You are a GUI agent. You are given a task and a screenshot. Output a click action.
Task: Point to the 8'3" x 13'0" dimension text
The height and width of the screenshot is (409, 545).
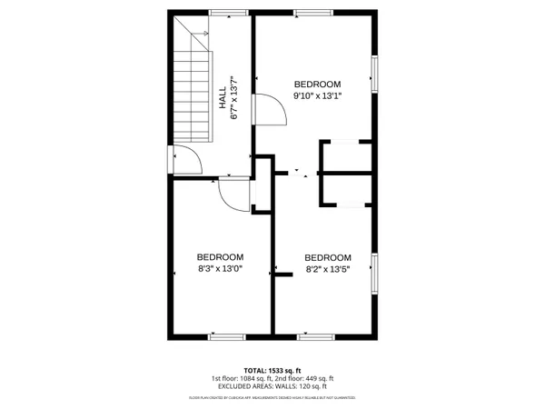[221, 268]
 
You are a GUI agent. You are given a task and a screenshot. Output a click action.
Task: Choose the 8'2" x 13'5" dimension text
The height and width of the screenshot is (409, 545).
[328, 268]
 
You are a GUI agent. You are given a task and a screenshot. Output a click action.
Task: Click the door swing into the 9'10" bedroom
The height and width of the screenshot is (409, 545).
[271, 110]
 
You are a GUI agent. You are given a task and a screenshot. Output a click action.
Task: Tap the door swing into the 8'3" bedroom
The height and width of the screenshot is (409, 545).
[234, 194]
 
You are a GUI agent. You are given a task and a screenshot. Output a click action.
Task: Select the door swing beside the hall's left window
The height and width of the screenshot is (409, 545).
[186, 160]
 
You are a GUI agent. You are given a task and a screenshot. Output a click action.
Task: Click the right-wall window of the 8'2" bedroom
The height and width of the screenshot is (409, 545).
[373, 274]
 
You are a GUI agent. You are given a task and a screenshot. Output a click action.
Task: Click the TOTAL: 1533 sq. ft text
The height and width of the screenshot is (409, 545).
[272, 370]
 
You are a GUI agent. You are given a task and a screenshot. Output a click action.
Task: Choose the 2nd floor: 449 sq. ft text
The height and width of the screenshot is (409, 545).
[306, 378]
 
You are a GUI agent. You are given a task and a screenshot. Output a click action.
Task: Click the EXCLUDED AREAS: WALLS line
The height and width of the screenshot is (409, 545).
[272, 386]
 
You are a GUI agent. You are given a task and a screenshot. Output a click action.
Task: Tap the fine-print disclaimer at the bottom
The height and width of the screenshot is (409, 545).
[272, 397]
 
